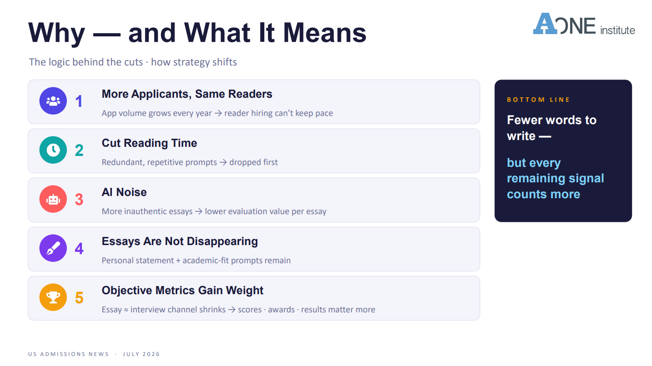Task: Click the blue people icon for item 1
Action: pyautogui.click(x=53, y=100)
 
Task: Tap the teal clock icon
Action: pyautogui.click(x=53, y=150)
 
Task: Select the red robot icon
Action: pyautogui.click(x=53, y=199)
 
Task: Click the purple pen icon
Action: pyautogui.click(x=53, y=248)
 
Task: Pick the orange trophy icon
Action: pyautogui.click(x=53, y=297)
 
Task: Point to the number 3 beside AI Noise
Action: pyautogui.click(x=79, y=200)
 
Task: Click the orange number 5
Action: pyautogui.click(x=79, y=298)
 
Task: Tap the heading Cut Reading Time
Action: pyautogui.click(x=149, y=143)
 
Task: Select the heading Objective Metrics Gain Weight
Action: pyautogui.click(x=182, y=291)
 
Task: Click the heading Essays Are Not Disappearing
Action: pyautogui.click(x=180, y=241)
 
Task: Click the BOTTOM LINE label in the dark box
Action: pyautogui.click(x=538, y=100)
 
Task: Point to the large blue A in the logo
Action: pyautogui.click(x=545, y=24)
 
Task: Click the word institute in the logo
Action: pyautogui.click(x=617, y=30)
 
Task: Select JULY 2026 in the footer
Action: pyautogui.click(x=141, y=354)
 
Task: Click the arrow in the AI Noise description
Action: pyautogui.click(x=198, y=211)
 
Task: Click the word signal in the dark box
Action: pyautogui.click(x=586, y=179)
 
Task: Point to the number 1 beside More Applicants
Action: pyautogui.click(x=79, y=101)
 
